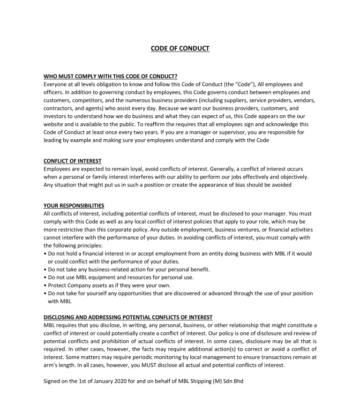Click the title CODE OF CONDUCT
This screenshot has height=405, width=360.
180,48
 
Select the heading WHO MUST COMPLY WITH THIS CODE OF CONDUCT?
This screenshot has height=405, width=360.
111,76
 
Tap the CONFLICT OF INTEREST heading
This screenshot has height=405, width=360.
72,161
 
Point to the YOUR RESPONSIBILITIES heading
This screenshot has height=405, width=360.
74,205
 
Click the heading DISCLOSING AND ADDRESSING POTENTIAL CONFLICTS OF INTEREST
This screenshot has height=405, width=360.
128,317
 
